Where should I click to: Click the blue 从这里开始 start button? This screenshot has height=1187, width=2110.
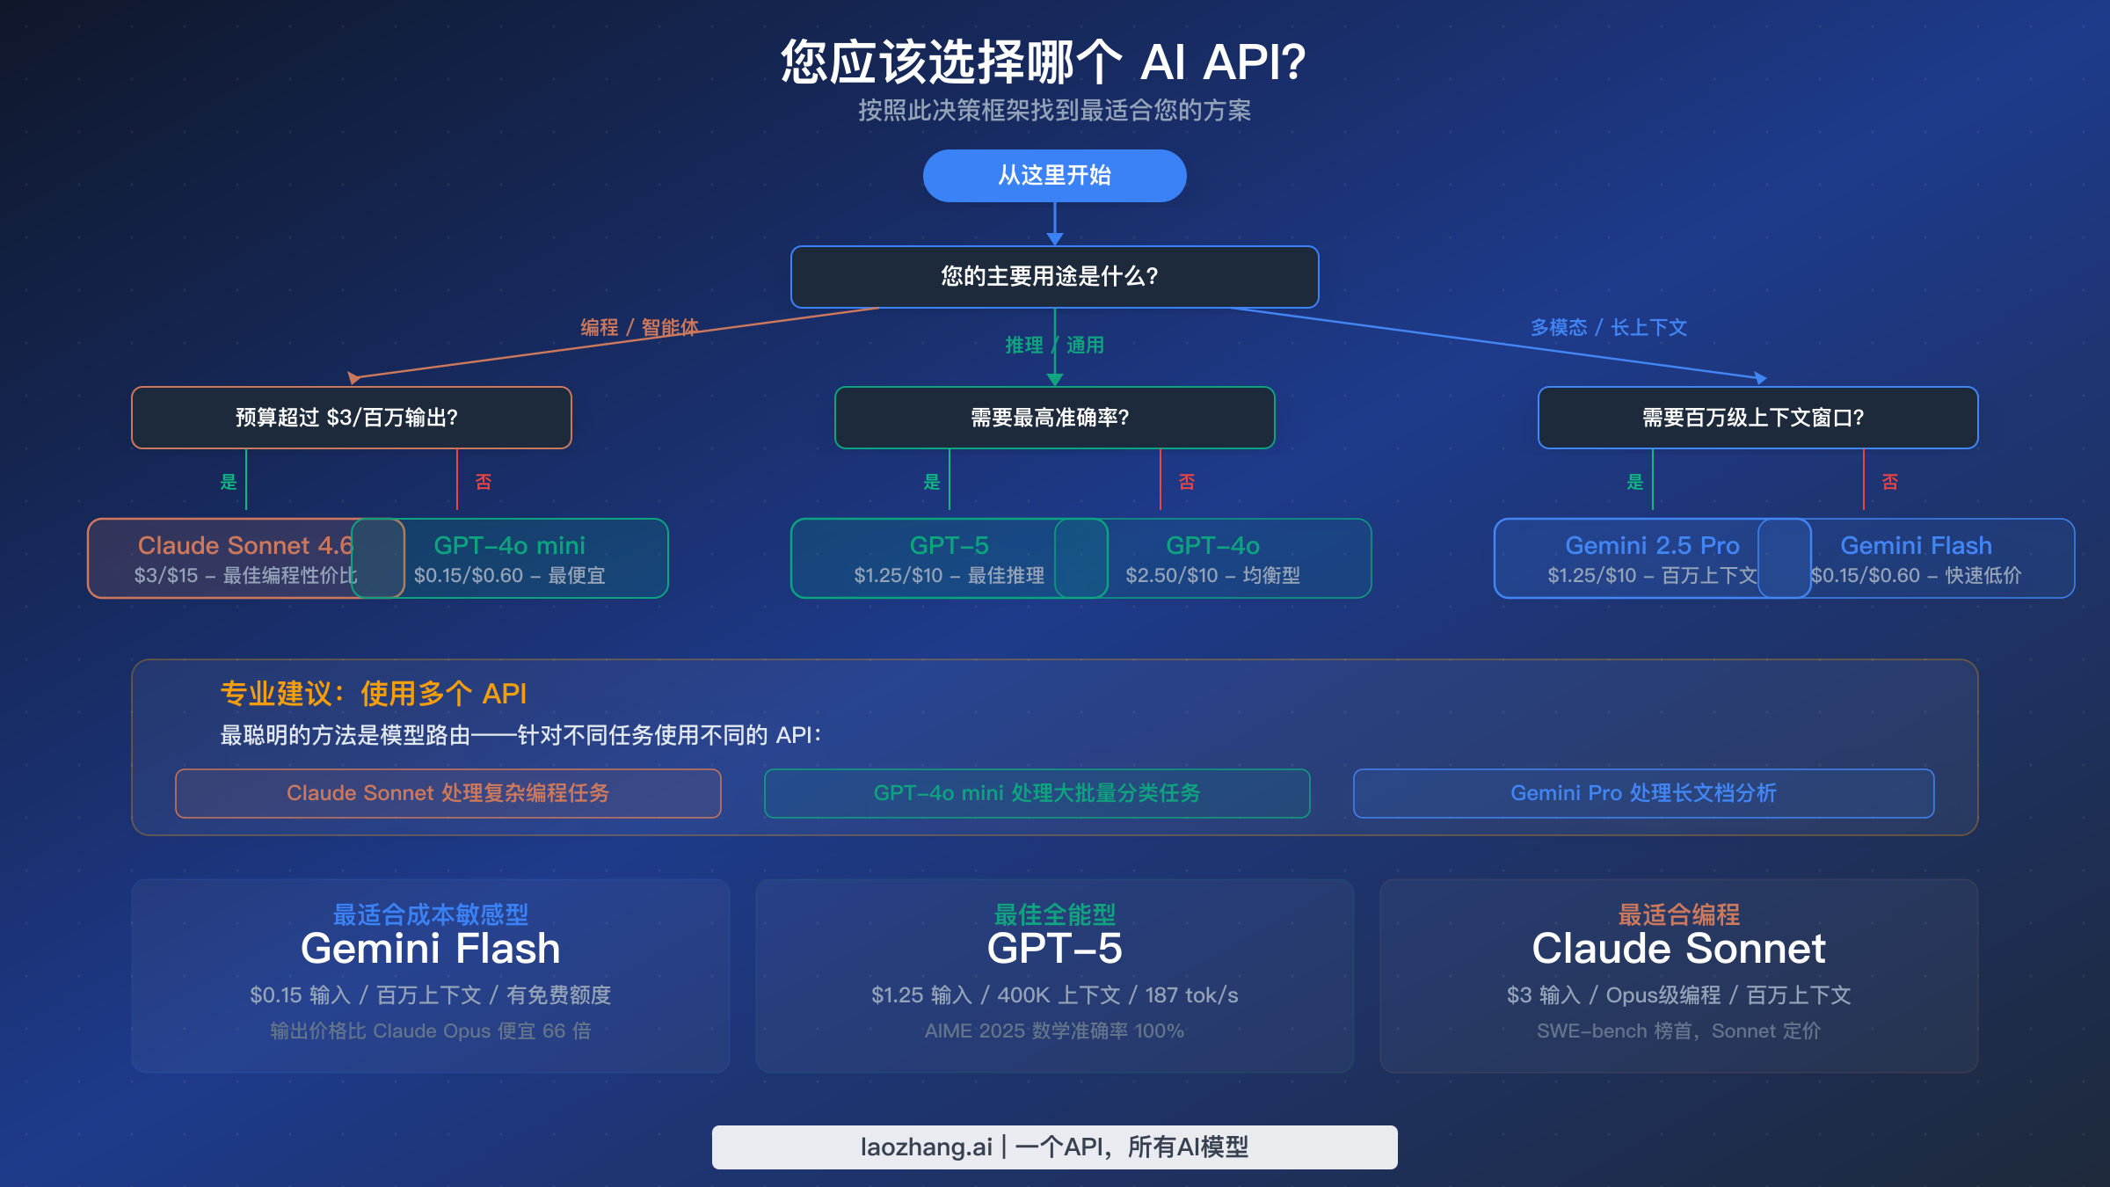click(x=1054, y=176)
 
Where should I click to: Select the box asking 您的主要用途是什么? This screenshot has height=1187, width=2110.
click(x=1054, y=277)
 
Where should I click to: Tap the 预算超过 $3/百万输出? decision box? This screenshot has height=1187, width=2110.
click(x=351, y=418)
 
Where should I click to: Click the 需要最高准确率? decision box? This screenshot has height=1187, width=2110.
click(x=1054, y=418)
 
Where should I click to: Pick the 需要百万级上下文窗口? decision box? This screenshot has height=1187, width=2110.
click(x=1757, y=418)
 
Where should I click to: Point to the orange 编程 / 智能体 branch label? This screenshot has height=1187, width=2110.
click(x=639, y=328)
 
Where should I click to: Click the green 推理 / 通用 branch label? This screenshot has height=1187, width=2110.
click(x=1054, y=346)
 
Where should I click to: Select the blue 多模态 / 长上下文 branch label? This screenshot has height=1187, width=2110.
click(x=1608, y=328)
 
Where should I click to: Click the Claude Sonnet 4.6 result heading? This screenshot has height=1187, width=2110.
click(x=245, y=545)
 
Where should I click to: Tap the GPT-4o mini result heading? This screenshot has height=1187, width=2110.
click(x=509, y=545)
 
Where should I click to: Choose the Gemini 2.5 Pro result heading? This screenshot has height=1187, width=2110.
click(x=1652, y=545)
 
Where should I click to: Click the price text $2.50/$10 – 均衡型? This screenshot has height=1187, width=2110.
click(x=1212, y=576)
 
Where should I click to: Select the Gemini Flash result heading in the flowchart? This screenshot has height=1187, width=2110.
click(x=1916, y=545)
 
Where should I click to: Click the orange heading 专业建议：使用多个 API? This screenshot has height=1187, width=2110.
click(x=373, y=694)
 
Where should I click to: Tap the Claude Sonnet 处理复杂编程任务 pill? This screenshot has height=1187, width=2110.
click(x=447, y=793)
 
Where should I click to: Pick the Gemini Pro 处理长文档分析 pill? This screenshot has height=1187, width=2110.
click(x=1643, y=793)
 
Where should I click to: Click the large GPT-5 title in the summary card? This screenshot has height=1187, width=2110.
click(x=1054, y=949)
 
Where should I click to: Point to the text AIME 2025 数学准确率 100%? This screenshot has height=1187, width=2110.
click(x=1054, y=1030)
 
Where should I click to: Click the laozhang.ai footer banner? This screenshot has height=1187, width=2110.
click(x=1054, y=1147)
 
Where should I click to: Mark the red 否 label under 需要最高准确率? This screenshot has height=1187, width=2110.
click(x=1186, y=482)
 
